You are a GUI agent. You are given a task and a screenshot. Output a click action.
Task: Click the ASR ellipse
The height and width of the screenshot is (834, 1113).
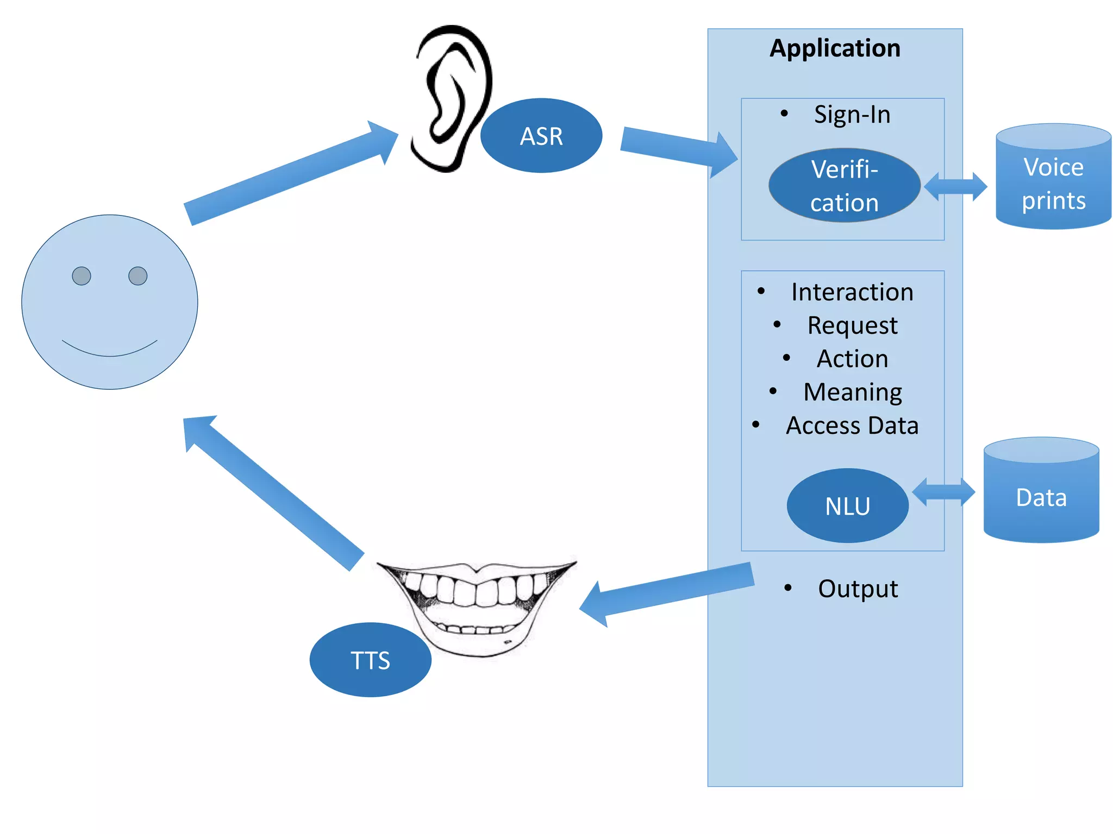[541, 136]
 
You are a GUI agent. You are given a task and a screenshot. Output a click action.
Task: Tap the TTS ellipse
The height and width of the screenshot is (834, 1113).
[370, 660]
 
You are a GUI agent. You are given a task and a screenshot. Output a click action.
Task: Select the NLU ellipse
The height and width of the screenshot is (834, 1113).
[847, 506]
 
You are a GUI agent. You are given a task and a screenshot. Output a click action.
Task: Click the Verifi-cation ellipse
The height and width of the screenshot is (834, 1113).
[843, 185]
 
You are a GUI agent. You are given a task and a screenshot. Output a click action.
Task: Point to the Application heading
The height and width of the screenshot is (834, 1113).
[835, 48]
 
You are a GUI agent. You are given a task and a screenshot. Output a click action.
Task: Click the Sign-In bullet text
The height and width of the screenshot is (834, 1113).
[852, 115]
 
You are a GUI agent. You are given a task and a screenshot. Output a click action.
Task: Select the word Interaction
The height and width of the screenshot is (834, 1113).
[852, 292]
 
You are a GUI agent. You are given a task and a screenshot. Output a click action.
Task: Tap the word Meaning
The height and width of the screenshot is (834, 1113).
[852, 392]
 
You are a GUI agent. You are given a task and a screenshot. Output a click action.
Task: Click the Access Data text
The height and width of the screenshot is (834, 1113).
[852, 426]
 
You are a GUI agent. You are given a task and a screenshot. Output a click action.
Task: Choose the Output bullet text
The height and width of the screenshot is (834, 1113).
[858, 589]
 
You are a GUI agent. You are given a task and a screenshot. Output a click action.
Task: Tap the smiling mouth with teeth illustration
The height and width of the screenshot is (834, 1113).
[476, 603]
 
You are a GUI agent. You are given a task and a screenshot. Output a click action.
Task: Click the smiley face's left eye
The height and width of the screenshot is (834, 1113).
[82, 276]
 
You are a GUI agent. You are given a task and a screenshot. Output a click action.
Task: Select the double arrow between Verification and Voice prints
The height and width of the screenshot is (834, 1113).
[955, 187]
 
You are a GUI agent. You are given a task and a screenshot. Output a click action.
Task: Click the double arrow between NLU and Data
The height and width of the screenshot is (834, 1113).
[943, 492]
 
